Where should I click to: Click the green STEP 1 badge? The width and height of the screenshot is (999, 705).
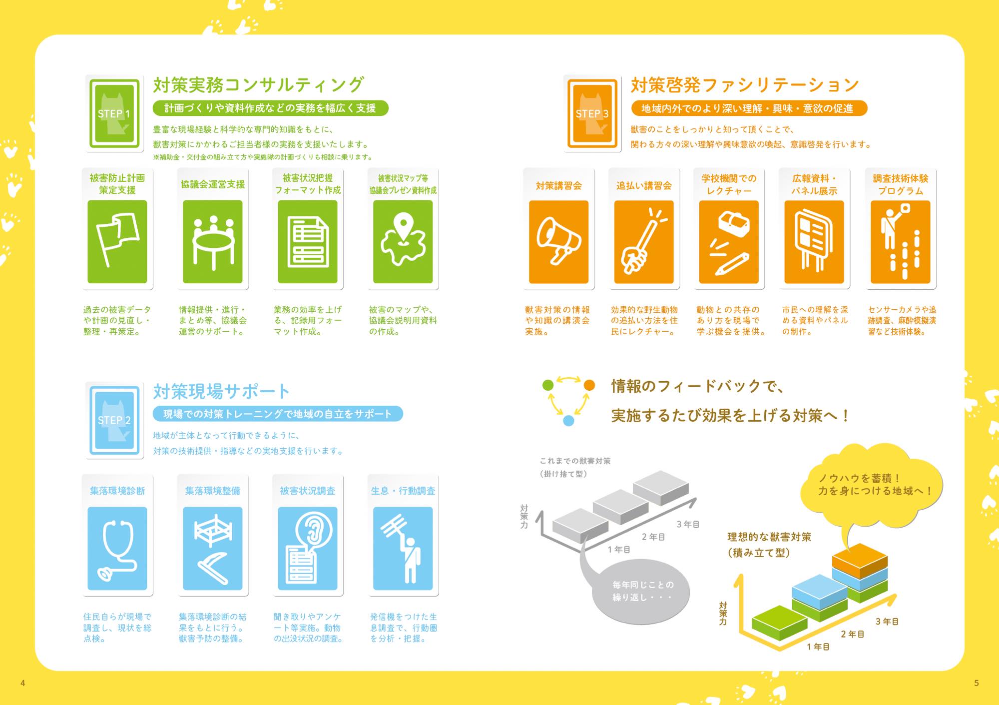click(x=114, y=113)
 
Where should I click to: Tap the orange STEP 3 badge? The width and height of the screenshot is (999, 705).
click(x=592, y=113)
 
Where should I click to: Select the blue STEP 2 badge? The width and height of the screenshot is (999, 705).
click(x=114, y=420)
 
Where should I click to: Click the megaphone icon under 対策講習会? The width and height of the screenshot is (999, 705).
click(x=558, y=242)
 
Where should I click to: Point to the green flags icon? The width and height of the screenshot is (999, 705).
click(x=117, y=242)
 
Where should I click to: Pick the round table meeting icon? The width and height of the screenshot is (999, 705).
click(x=213, y=242)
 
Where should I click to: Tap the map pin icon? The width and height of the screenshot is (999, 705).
click(x=403, y=242)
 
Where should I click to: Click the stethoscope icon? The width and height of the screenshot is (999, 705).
click(x=117, y=549)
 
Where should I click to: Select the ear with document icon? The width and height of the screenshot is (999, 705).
click(x=308, y=549)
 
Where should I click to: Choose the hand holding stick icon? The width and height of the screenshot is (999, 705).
click(x=644, y=242)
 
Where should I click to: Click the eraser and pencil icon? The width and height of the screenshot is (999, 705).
click(x=729, y=242)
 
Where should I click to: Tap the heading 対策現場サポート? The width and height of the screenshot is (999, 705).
click(x=221, y=391)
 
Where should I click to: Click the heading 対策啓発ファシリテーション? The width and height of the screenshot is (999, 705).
click(x=745, y=85)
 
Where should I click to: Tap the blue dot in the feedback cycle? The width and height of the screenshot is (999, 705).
click(x=568, y=421)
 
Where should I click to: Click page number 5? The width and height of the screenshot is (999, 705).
click(x=977, y=683)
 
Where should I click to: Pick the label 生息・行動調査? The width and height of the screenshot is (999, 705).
click(x=403, y=491)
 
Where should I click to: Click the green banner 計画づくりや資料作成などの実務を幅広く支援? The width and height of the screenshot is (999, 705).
click(x=270, y=108)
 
